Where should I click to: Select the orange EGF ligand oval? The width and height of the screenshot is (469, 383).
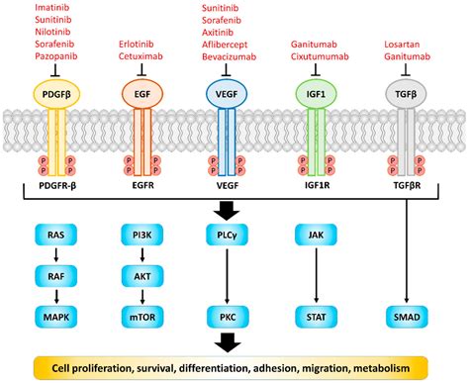[x=142, y=96]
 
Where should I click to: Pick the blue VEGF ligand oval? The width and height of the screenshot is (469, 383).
[x=227, y=96]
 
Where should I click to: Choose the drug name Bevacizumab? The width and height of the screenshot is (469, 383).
[x=227, y=56]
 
